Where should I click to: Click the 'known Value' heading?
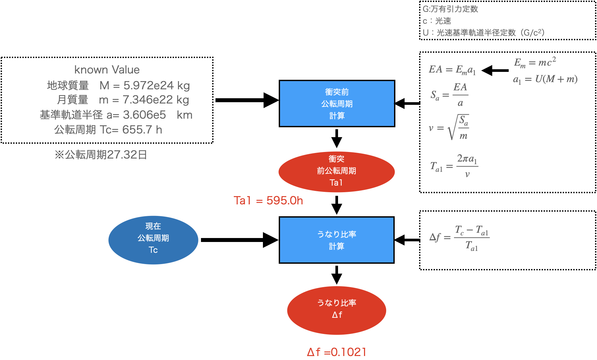click(x=107, y=70)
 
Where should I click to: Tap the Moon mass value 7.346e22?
click(x=148, y=100)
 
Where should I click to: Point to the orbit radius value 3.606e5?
click(x=144, y=115)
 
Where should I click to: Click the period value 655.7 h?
click(x=142, y=130)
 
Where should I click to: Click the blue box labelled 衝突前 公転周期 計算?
click(x=337, y=104)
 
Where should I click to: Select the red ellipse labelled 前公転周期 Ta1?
click(x=336, y=171)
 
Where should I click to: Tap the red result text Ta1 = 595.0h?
click(x=268, y=200)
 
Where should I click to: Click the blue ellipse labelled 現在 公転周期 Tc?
click(x=153, y=240)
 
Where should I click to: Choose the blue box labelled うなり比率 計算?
click(x=336, y=240)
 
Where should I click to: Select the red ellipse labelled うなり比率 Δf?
click(x=336, y=310)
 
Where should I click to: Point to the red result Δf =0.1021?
click(x=336, y=352)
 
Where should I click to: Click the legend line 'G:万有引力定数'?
click(x=450, y=9)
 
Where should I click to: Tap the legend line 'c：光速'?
click(x=437, y=21)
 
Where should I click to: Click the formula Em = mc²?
click(x=535, y=62)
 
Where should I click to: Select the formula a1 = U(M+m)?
click(x=545, y=79)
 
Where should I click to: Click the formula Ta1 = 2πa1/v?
click(x=454, y=166)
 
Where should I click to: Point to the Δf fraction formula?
click(x=459, y=237)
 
